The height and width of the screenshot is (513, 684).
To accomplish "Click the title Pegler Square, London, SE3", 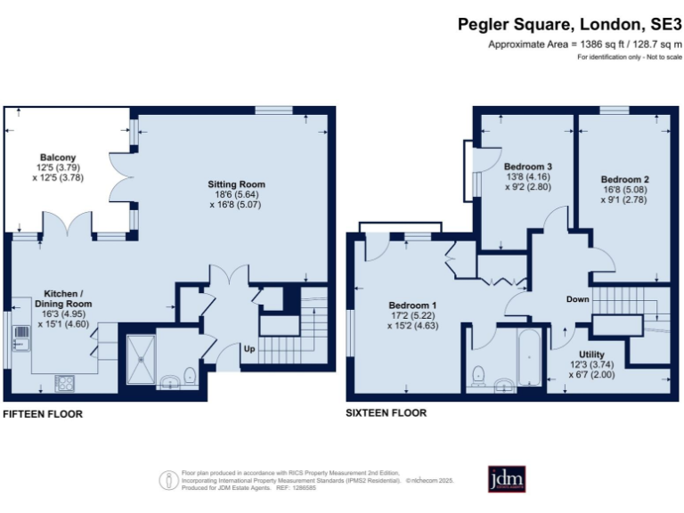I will [570, 25].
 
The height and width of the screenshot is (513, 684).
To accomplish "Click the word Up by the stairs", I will [249, 349].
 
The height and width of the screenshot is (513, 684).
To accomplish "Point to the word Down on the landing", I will [577, 299].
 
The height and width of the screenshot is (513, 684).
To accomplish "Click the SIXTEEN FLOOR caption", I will [387, 413].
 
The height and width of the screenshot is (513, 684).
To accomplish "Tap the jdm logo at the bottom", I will [506, 479].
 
